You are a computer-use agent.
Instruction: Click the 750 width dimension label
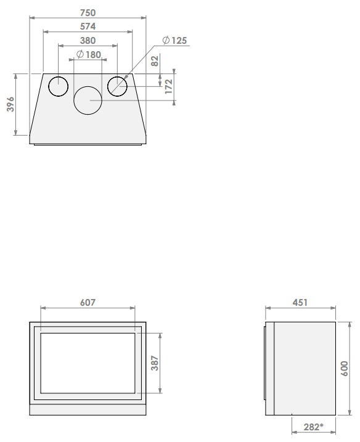(88, 13)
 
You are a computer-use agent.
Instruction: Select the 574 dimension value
(88, 27)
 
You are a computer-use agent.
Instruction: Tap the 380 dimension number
(88, 41)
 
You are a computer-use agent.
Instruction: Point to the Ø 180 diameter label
(89, 54)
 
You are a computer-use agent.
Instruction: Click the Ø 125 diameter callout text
(174, 41)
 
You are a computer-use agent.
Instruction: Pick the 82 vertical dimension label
(155, 61)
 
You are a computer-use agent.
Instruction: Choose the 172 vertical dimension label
(168, 86)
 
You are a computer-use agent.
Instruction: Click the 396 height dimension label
(10, 104)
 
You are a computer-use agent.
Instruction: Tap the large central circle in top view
(88, 86)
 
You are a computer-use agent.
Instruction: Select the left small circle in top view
(59, 76)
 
